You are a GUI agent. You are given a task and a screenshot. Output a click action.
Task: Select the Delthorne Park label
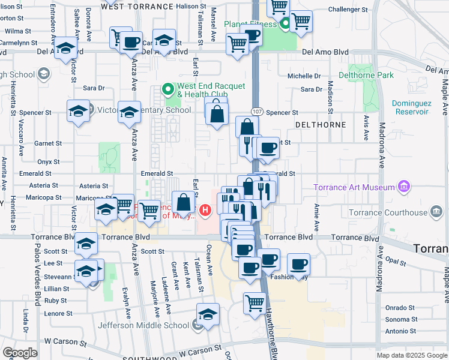[x=366, y=75]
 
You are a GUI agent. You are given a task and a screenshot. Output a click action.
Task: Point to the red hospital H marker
[x=206, y=210]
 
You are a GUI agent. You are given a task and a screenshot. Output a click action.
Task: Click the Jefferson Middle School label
[x=147, y=326]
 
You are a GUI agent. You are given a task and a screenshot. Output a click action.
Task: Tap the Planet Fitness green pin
[x=286, y=25]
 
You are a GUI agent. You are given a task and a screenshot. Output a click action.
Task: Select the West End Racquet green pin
[x=169, y=91]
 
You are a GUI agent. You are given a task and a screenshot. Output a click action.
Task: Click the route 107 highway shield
[x=256, y=112]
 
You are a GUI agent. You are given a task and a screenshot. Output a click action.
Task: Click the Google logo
[x=20, y=353]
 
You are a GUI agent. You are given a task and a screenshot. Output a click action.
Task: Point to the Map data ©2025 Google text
[x=411, y=355]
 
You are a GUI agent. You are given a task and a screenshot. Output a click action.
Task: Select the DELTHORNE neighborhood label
[x=321, y=125]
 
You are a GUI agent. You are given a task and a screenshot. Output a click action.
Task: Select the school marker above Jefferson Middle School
[x=208, y=314]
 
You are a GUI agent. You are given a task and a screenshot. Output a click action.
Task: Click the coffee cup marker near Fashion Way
[x=298, y=263]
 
